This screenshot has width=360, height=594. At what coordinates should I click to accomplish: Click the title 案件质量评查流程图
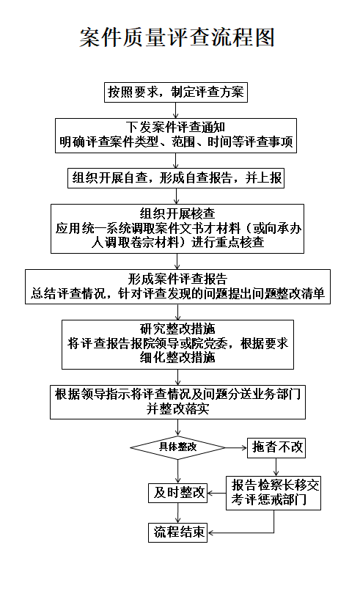point(177,37)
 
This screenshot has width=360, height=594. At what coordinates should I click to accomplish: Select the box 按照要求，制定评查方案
point(176,92)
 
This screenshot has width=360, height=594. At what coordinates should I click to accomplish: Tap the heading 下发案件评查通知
point(176,128)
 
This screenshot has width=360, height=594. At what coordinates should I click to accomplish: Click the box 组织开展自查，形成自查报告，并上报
point(176,178)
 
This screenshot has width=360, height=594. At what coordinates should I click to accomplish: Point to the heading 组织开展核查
point(177,213)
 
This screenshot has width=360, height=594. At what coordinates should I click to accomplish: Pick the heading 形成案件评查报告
point(177,279)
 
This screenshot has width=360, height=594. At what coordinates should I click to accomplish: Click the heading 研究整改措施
point(177,329)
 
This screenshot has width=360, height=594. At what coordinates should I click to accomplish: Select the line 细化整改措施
point(177,357)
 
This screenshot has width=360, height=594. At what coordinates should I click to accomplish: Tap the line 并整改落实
point(177,408)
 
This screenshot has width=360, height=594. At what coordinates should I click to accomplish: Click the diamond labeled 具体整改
point(177,447)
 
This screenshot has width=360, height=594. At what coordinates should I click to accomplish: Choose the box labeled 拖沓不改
point(276,447)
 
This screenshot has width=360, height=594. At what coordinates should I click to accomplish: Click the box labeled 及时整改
point(177,493)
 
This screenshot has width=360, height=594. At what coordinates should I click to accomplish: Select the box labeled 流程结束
point(177,532)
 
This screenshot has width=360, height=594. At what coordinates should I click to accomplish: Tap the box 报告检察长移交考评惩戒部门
point(273,493)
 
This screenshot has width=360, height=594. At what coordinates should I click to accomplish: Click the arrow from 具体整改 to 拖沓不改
point(236,448)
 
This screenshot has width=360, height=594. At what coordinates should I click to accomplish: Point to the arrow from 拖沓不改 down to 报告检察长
point(276,466)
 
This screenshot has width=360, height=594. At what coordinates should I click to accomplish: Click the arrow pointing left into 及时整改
point(217,494)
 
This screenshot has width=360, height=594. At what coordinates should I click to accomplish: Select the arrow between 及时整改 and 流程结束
point(177,513)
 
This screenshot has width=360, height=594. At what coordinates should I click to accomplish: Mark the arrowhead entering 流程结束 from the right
point(210,532)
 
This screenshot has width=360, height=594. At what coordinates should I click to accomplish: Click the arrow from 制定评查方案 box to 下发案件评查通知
point(176,110)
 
